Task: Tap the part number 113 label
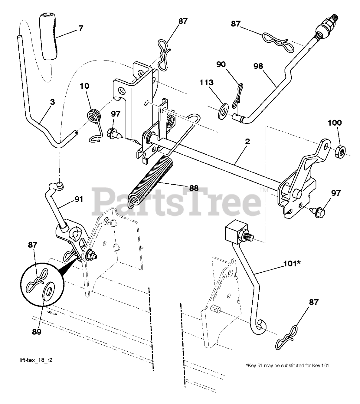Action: pyautogui.click(x=206, y=83)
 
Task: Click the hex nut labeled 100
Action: pyautogui.click(x=340, y=149)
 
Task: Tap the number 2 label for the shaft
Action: pyautogui.click(x=247, y=142)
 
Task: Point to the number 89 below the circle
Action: pyautogui.click(x=37, y=332)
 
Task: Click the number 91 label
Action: pyautogui.click(x=79, y=199)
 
